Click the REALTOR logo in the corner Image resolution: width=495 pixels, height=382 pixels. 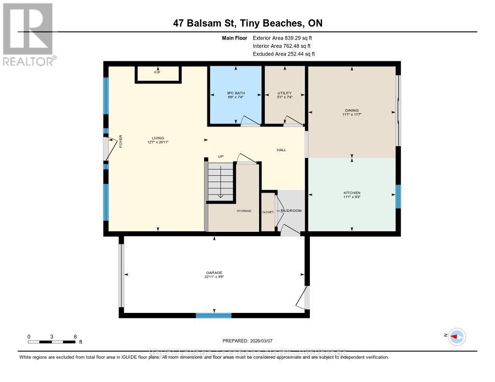28,34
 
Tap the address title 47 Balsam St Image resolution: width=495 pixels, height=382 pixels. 247,23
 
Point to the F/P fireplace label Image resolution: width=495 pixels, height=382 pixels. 157,72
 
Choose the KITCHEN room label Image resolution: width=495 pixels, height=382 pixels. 351,193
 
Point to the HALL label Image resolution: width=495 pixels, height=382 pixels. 281,150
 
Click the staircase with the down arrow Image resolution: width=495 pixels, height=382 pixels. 220,181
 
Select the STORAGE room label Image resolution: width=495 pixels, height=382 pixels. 244,211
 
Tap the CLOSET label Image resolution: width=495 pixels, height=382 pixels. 268,212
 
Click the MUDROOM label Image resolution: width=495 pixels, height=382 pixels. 291,211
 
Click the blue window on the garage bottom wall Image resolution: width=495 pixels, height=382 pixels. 214,315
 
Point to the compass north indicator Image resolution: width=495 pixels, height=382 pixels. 456,336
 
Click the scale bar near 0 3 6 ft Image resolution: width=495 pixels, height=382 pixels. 51,342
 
